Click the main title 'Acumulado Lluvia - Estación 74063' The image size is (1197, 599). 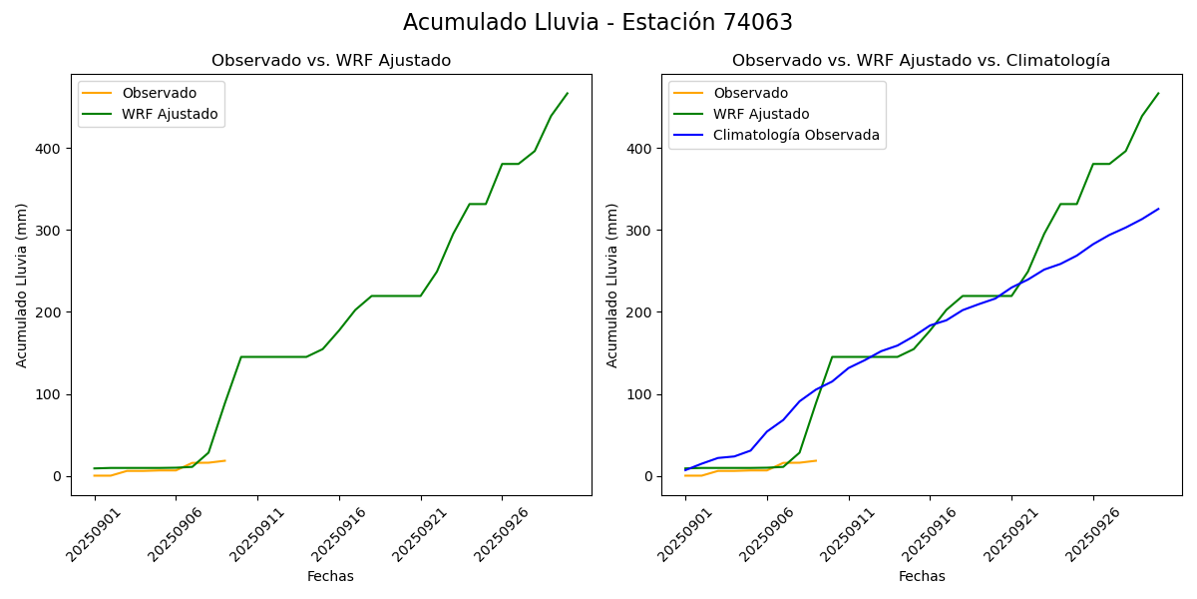tap(598, 23)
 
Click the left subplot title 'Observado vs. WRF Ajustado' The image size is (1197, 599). tap(330, 61)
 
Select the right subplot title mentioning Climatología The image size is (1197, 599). tap(921, 61)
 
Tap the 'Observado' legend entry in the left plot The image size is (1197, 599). tap(159, 93)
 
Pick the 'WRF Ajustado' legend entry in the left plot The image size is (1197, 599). tap(170, 114)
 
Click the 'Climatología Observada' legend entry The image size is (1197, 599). tap(796, 135)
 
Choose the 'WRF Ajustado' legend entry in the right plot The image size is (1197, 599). tap(761, 114)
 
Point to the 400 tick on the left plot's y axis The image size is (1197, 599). tap(51, 149)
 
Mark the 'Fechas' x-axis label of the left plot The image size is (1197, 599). tap(330, 576)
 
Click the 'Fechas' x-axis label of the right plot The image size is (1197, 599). tap(921, 576)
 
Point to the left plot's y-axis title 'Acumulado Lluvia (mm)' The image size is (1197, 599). tap(22, 286)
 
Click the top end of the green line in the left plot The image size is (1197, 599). tap(567, 94)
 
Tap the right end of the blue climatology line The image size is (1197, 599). tap(1158, 209)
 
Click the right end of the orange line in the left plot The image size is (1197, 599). tap(225, 460)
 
